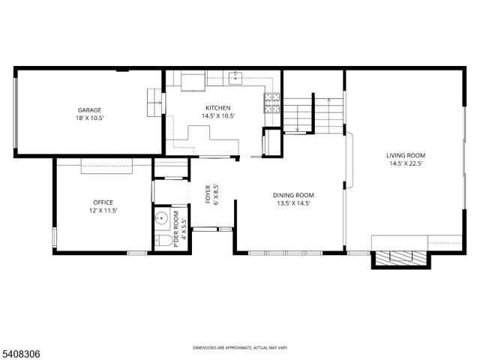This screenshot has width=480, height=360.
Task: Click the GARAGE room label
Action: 89,109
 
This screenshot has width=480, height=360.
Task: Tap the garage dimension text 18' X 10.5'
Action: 89,118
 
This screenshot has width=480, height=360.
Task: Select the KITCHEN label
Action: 215,107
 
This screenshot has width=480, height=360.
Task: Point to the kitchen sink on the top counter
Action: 236,75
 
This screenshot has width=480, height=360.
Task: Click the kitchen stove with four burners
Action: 272,101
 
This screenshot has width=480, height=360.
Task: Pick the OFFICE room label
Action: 104,202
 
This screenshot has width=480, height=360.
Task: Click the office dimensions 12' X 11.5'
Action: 104,211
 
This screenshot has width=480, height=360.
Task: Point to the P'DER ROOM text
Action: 177,229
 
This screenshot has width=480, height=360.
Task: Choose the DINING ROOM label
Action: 292,194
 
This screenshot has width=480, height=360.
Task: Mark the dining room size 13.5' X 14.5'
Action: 292,203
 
